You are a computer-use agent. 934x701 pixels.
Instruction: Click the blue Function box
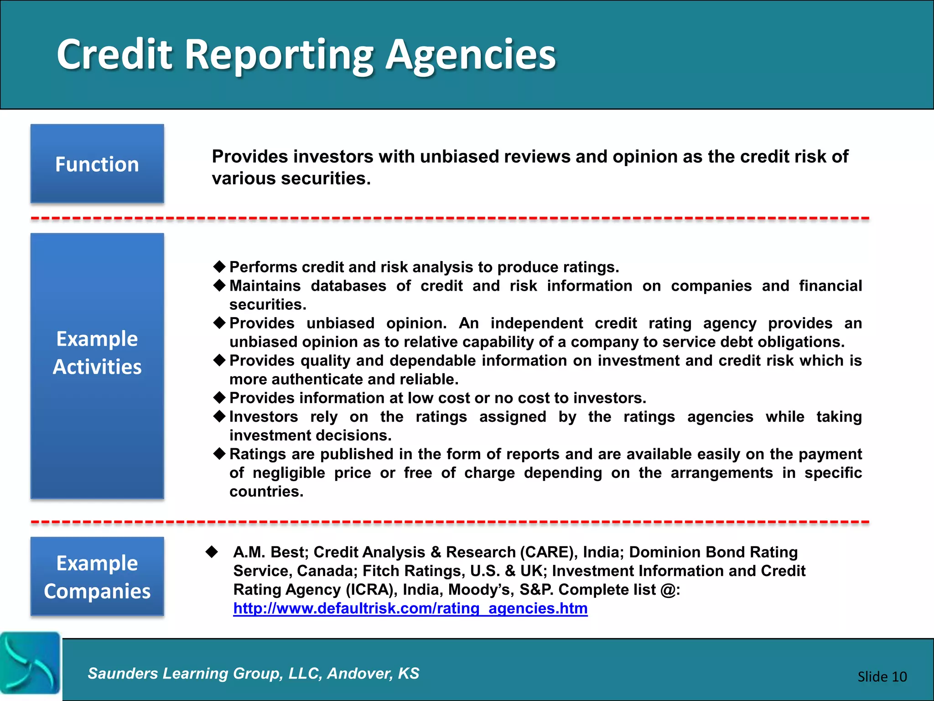[97, 163]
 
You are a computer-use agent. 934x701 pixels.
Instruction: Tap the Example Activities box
[97, 366]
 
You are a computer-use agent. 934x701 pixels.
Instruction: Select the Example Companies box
[97, 576]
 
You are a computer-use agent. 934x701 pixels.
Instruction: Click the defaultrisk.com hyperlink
[410, 608]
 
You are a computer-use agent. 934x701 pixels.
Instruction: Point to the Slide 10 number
[882, 676]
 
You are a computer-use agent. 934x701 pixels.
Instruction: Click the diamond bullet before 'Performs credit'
[220, 266]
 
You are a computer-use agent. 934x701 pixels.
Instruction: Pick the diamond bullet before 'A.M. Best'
[212, 551]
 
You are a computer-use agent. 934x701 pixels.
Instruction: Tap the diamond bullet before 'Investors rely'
[220, 416]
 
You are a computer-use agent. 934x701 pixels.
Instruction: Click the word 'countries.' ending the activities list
[266, 492]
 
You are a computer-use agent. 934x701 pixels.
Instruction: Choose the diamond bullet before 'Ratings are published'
[220, 453]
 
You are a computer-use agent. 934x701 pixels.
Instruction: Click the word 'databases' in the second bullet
[348, 286]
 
